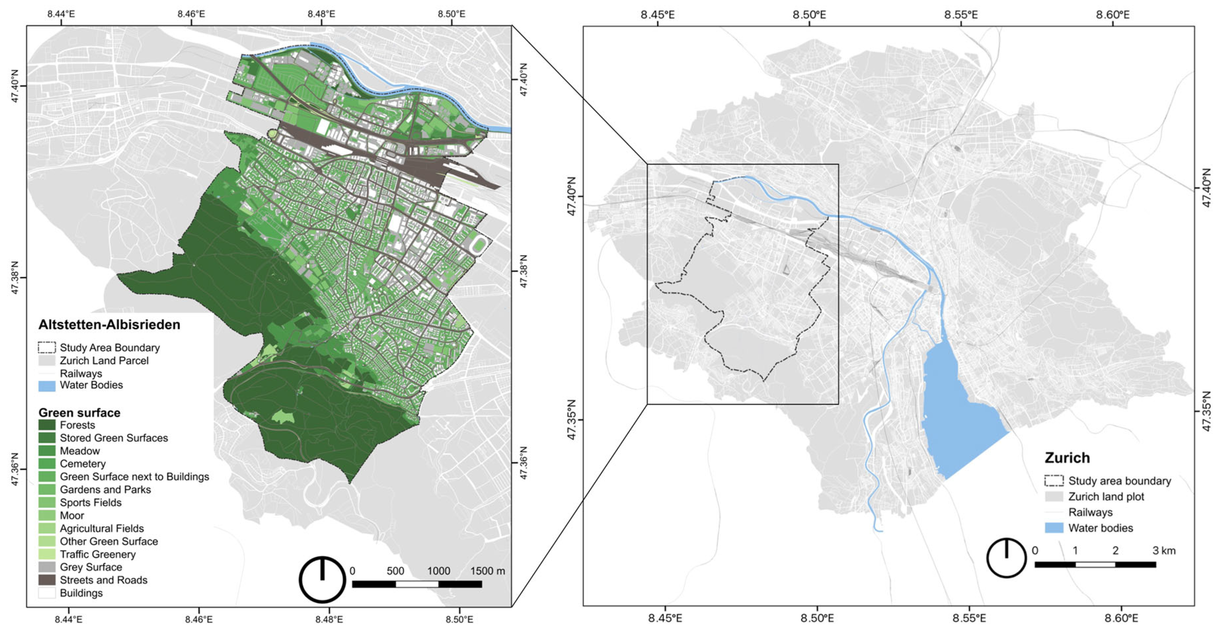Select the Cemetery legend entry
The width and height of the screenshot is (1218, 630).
(x=82, y=464)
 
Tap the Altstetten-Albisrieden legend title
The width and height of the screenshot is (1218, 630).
(x=109, y=325)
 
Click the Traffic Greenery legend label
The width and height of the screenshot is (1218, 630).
(x=97, y=554)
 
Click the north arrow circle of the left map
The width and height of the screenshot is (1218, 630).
(x=322, y=579)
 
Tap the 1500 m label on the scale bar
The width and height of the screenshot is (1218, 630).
(x=487, y=571)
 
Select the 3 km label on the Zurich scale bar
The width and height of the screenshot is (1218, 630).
(x=1164, y=551)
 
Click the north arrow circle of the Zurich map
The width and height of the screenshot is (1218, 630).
(x=1006, y=558)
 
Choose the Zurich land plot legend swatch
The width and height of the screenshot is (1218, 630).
(x=1054, y=497)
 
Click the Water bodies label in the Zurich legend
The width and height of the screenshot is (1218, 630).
(x=1100, y=528)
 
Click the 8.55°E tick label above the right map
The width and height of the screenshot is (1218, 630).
(x=961, y=15)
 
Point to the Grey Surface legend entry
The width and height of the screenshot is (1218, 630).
(x=90, y=567)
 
